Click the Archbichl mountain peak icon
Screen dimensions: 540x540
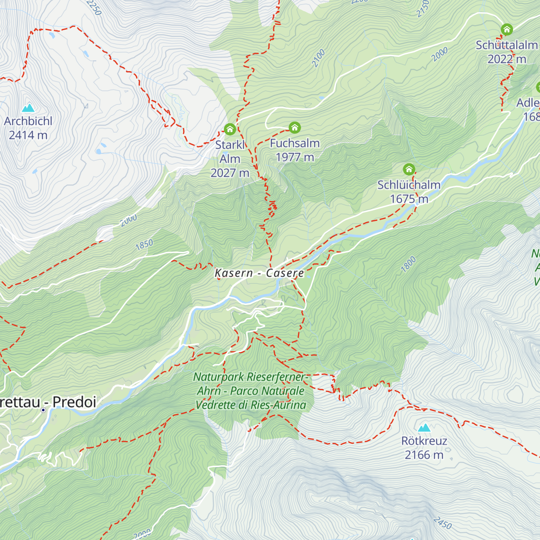pyautogui.click(x=28, y=108)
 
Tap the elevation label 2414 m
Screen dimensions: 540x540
pyautogui.click(x=28, y=135)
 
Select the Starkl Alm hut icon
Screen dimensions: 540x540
pyautogui.click(x=230, y=130)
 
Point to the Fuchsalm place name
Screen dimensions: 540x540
pyautogui.click(x=295, y=144)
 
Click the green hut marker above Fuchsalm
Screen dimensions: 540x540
pyautogui.click(x=295, y=128)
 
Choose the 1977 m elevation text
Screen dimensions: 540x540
pyautogui.click(x=295, y=157)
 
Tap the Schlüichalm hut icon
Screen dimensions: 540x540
pyautogui.click(x=409, y=169)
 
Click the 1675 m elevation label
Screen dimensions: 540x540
pyautogui.click(x=409, y=199)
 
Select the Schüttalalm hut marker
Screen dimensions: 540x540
pyautogui.click(x=507, y=30)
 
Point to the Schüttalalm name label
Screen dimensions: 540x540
pyautogui.click(x=507, y=45)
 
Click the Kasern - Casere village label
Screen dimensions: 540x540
pyautogui.click(x=260, y=273)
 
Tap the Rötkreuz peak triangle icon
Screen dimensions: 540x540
pyautogui.click(x=424, y=427)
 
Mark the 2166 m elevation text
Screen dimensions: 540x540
pyautogui.click(x=424, y=455)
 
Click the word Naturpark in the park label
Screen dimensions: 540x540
pyautogui.click(x=218, y=377)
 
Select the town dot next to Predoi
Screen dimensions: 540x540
pyautogui.click(x=43, y=410)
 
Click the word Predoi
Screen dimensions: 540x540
pyautogui.click(x=75, y=402)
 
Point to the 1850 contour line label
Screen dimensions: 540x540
pyautogui.click(x=144, y=245)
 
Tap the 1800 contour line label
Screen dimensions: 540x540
pyautogui.click(x=408, y=265)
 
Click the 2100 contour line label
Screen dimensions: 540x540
pyautogui.click(x=318, y=58)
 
